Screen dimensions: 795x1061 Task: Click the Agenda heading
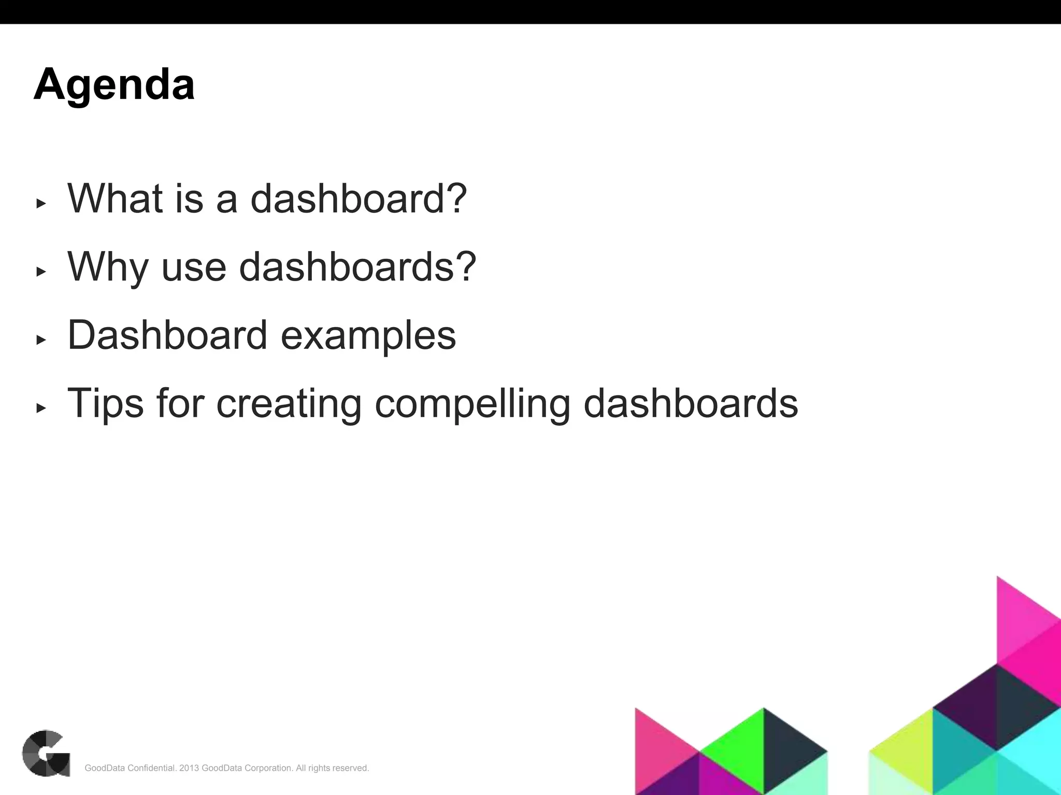(114, 84)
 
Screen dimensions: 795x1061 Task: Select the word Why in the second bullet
(108, 267)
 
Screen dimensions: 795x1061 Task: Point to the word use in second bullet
(194, 267)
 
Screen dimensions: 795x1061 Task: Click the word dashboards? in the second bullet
(357, 267)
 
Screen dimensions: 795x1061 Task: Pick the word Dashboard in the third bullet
(167, 335)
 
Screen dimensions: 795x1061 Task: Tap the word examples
(368, 335)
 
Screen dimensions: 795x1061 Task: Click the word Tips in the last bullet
(106, 403)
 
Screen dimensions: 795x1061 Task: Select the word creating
(289, 403)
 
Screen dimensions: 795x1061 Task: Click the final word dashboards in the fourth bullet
(691, 403)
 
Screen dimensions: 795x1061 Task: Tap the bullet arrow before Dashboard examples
(41, 340)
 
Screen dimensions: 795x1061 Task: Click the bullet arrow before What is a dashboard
(41, 203)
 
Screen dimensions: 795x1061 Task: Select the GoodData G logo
(46, 753)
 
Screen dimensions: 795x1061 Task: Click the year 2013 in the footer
(189, 768)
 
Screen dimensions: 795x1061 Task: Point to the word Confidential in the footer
(151, 768)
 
